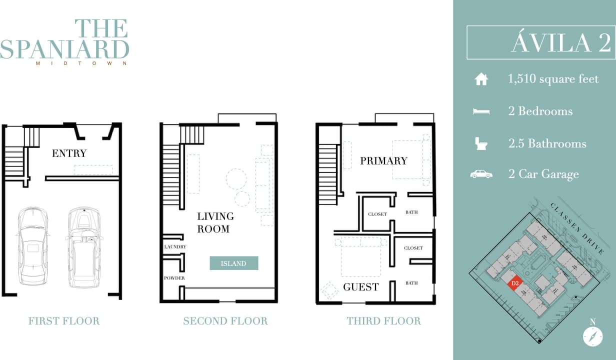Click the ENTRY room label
(69, 153)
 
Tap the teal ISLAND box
(233, 263)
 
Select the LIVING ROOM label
(215, 222)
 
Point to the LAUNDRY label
(175, 246)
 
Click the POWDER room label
(174, 278)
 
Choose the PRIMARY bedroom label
(383, 160)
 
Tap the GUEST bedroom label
(360, 287)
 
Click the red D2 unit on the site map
(514, 283)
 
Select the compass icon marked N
(592, 336)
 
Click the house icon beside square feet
(481, 79)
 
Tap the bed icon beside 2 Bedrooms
(481, 111)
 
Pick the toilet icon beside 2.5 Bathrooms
(481, 144)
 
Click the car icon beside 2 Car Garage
(481, 174)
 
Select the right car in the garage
(84, 247)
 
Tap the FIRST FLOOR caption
(63, 321)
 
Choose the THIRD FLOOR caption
(383, 321)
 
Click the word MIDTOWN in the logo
(81, 63)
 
